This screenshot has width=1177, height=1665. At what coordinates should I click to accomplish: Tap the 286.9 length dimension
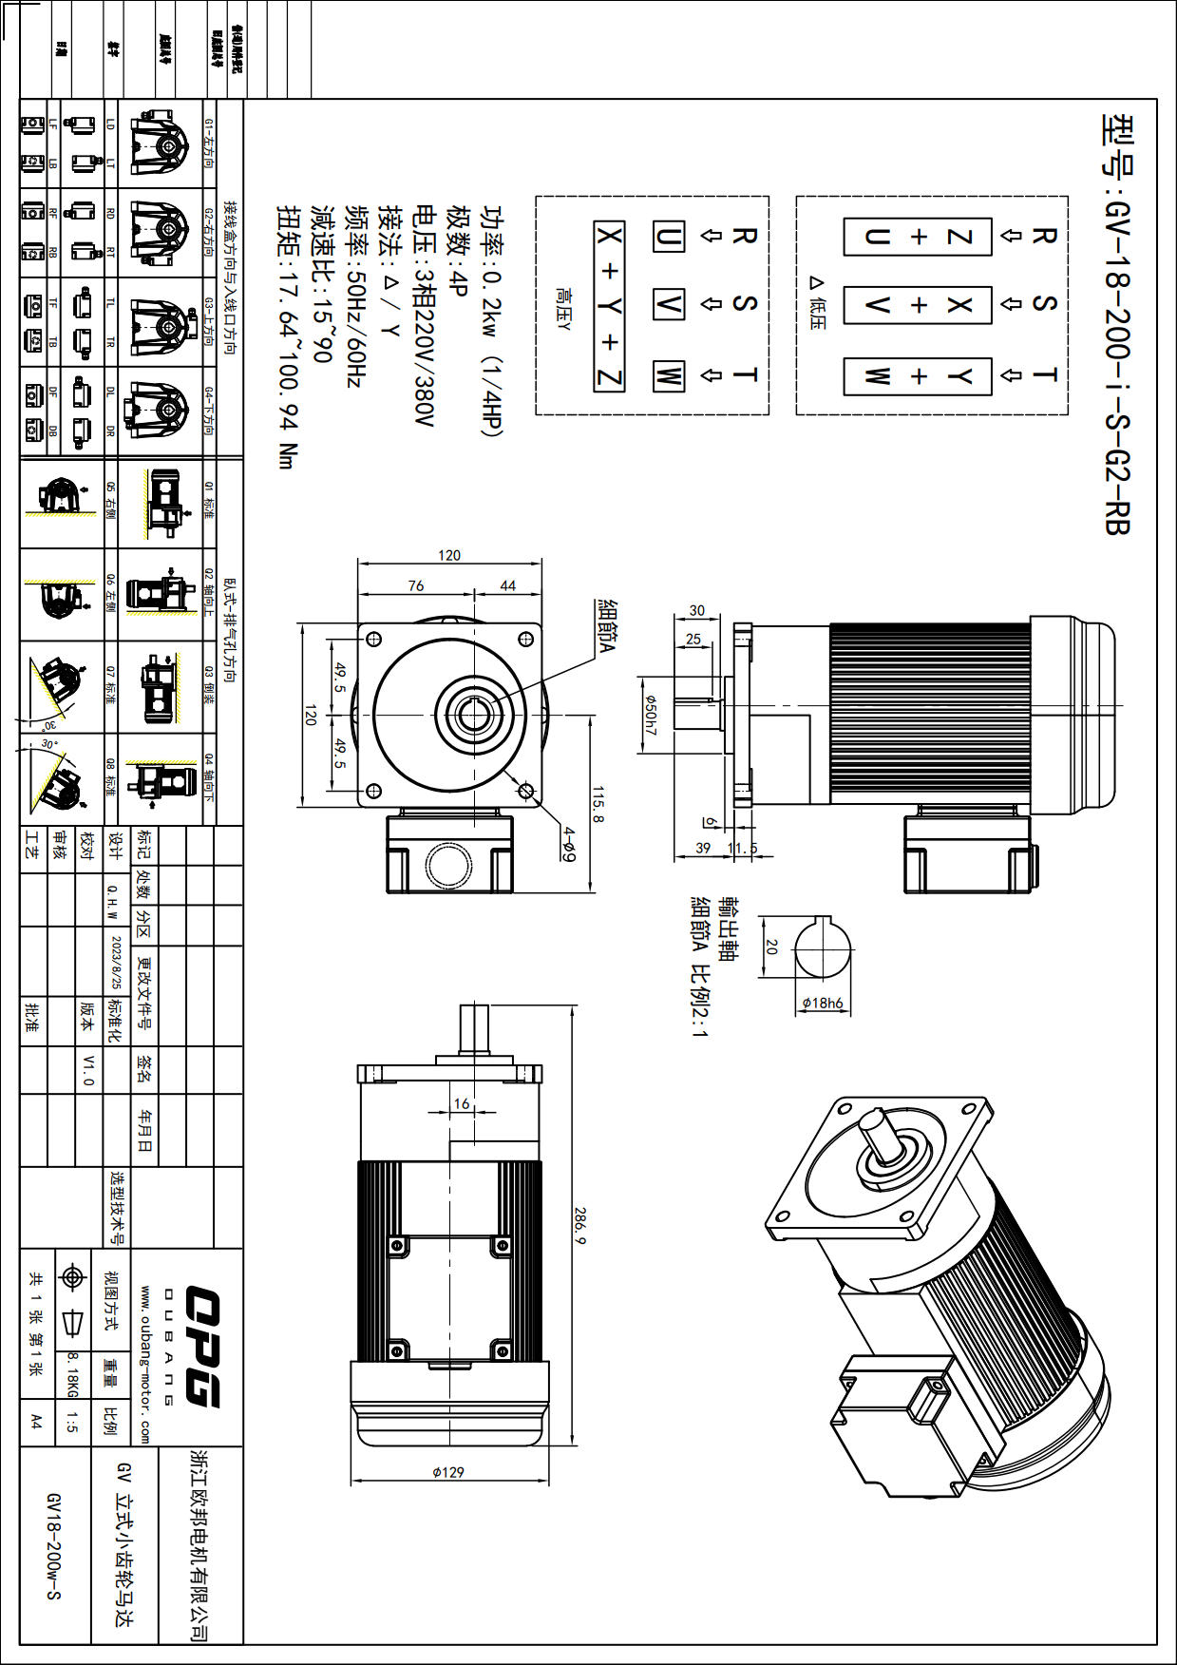(579, 1226)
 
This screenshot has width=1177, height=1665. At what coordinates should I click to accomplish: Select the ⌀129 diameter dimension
(447, 1472)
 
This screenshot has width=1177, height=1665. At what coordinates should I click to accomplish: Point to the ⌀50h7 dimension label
(651, 715)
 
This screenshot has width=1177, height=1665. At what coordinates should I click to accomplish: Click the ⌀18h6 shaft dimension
(822, 1003)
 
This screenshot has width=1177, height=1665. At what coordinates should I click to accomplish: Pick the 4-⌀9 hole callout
(568, 844)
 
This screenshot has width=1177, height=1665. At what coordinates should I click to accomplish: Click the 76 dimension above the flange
(416, 585)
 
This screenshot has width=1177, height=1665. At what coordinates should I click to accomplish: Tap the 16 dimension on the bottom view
(462, 1103)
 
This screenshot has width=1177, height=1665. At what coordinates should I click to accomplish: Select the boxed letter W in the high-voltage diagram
(668, 375)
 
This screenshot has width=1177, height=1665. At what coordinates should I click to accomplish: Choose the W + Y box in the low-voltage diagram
(918, 376)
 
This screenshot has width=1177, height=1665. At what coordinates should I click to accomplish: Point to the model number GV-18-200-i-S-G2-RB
(1117, 323)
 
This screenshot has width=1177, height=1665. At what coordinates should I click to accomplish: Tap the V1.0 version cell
(88, 1070)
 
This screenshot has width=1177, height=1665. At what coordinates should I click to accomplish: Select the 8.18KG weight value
(72, 1375)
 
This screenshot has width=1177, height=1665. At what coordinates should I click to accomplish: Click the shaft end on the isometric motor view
(872, 1122)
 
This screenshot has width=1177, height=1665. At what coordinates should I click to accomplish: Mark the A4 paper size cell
(36, 1422)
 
